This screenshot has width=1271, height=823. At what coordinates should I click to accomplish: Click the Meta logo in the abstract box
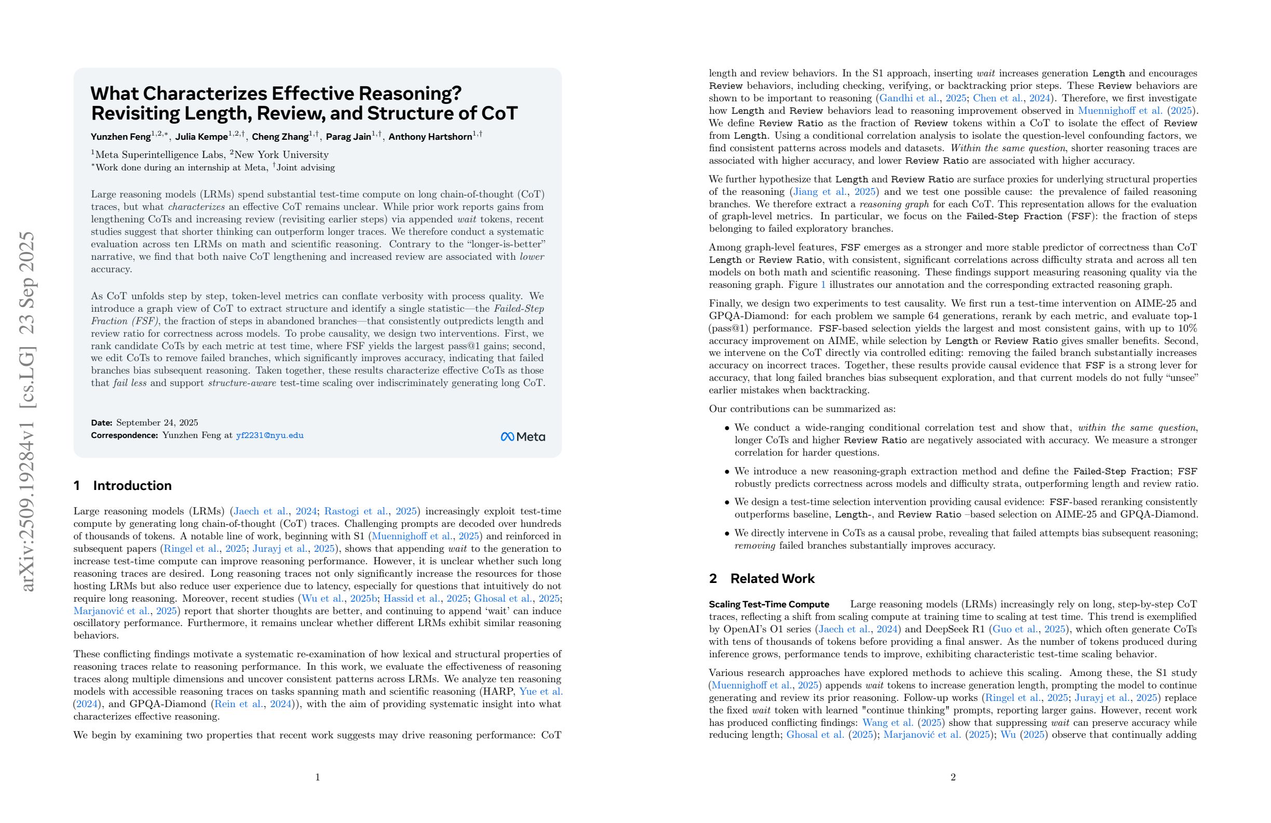[522, 436]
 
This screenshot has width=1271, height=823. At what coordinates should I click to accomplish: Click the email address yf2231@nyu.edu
[269, 435]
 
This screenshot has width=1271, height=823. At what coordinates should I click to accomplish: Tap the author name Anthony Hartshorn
[430, 137]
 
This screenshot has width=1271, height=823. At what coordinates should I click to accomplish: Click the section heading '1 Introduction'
[123, 485]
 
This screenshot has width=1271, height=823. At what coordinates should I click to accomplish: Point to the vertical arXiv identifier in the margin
[26, 411]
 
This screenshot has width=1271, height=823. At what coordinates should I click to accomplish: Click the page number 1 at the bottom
[317, 777]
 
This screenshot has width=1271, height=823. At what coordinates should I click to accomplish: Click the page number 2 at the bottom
[953, 777]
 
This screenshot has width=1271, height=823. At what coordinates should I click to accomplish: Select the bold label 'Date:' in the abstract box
[101, 423]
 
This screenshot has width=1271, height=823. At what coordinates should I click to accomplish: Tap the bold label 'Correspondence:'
[124, 435]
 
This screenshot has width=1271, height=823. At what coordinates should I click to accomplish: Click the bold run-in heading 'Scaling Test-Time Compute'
[768, 604]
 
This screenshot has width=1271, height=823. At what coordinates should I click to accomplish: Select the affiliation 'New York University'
[281, 154]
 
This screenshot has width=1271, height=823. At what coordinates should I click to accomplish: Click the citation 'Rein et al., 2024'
[253, 704]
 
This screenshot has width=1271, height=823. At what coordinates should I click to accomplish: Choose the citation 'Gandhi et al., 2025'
[922, 98]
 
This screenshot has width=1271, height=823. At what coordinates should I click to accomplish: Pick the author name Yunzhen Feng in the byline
[120, 137]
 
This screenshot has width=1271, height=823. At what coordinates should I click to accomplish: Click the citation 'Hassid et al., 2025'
[425, 598]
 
